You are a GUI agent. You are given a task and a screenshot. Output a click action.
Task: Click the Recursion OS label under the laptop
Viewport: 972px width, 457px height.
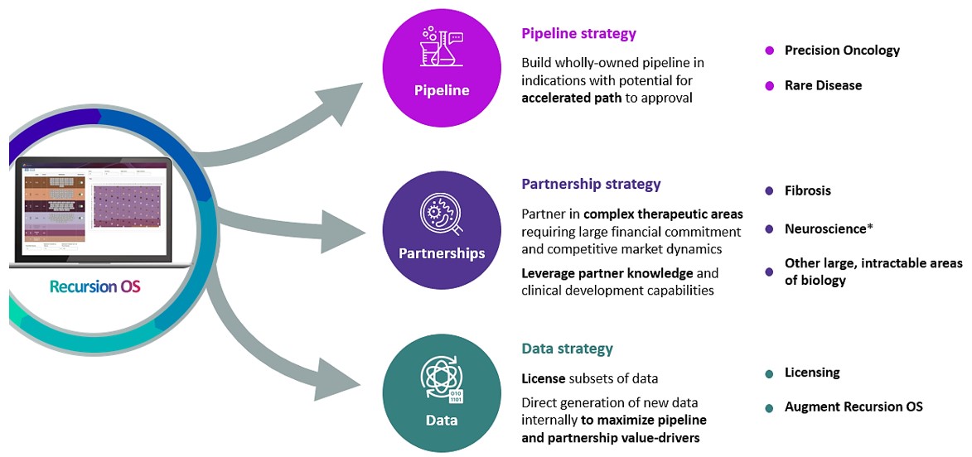click(x=94, y=286)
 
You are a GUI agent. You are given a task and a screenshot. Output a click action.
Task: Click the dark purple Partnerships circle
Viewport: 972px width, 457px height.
click(x=442, y=230)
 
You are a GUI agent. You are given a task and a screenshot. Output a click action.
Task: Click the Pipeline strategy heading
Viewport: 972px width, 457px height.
click(x=578, y=34)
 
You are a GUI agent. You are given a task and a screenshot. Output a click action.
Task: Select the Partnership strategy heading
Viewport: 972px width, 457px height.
click(x=591, y=184)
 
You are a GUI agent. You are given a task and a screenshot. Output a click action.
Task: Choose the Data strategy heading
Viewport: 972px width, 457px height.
click(x=567, y=349)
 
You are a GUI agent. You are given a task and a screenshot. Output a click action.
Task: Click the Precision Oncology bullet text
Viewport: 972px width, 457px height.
click(x=842, y=51)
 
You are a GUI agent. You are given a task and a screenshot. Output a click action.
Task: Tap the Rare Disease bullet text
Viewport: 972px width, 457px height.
click(x=823, y=85)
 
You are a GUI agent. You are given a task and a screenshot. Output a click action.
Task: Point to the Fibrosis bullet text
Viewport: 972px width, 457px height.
click(x=807, y=190)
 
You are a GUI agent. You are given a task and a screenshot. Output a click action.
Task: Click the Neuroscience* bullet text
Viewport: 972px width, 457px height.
click(x=829, y=228)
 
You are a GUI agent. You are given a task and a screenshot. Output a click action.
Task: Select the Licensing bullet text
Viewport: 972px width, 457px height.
click(x=812, y=373)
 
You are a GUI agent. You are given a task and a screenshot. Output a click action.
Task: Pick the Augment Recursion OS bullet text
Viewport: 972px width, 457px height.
click(x=854, y=406)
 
